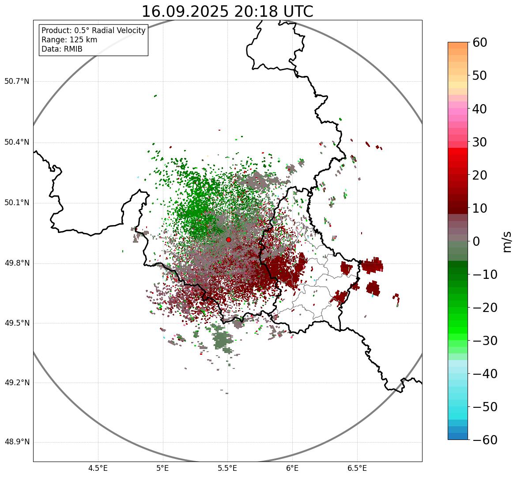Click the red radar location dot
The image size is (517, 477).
[228, 240]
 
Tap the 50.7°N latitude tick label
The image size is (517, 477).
[17, 81]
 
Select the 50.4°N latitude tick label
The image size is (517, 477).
[17, 142]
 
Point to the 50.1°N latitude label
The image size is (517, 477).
[17, 203]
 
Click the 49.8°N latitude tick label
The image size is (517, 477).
[17, 263]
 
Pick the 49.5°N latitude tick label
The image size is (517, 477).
[17, 323]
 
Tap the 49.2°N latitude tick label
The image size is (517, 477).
[17, 383]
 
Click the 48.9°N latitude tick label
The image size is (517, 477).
[17, 442]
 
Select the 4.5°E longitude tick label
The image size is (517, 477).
[98, 468]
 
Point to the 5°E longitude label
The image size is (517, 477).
[163, 468]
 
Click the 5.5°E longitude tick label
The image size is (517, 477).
[228, 468]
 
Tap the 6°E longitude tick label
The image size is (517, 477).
[292, 468]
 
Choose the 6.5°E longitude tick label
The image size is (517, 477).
[357, 468]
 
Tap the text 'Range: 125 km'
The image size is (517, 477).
[69, 40]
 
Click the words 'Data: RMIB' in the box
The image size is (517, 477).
[62, 49]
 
